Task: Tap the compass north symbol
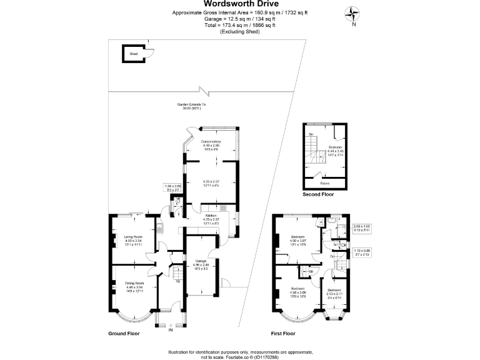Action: click(354, 13)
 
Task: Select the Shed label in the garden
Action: click(133, 54)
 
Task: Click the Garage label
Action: click(201, 261)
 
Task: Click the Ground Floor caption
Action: click(124, 334)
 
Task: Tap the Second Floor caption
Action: click(318, 194)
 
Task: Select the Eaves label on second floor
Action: click(324, 183)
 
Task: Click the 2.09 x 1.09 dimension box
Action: click(362, 228)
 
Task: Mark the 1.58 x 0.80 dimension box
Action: click(172, 187)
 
